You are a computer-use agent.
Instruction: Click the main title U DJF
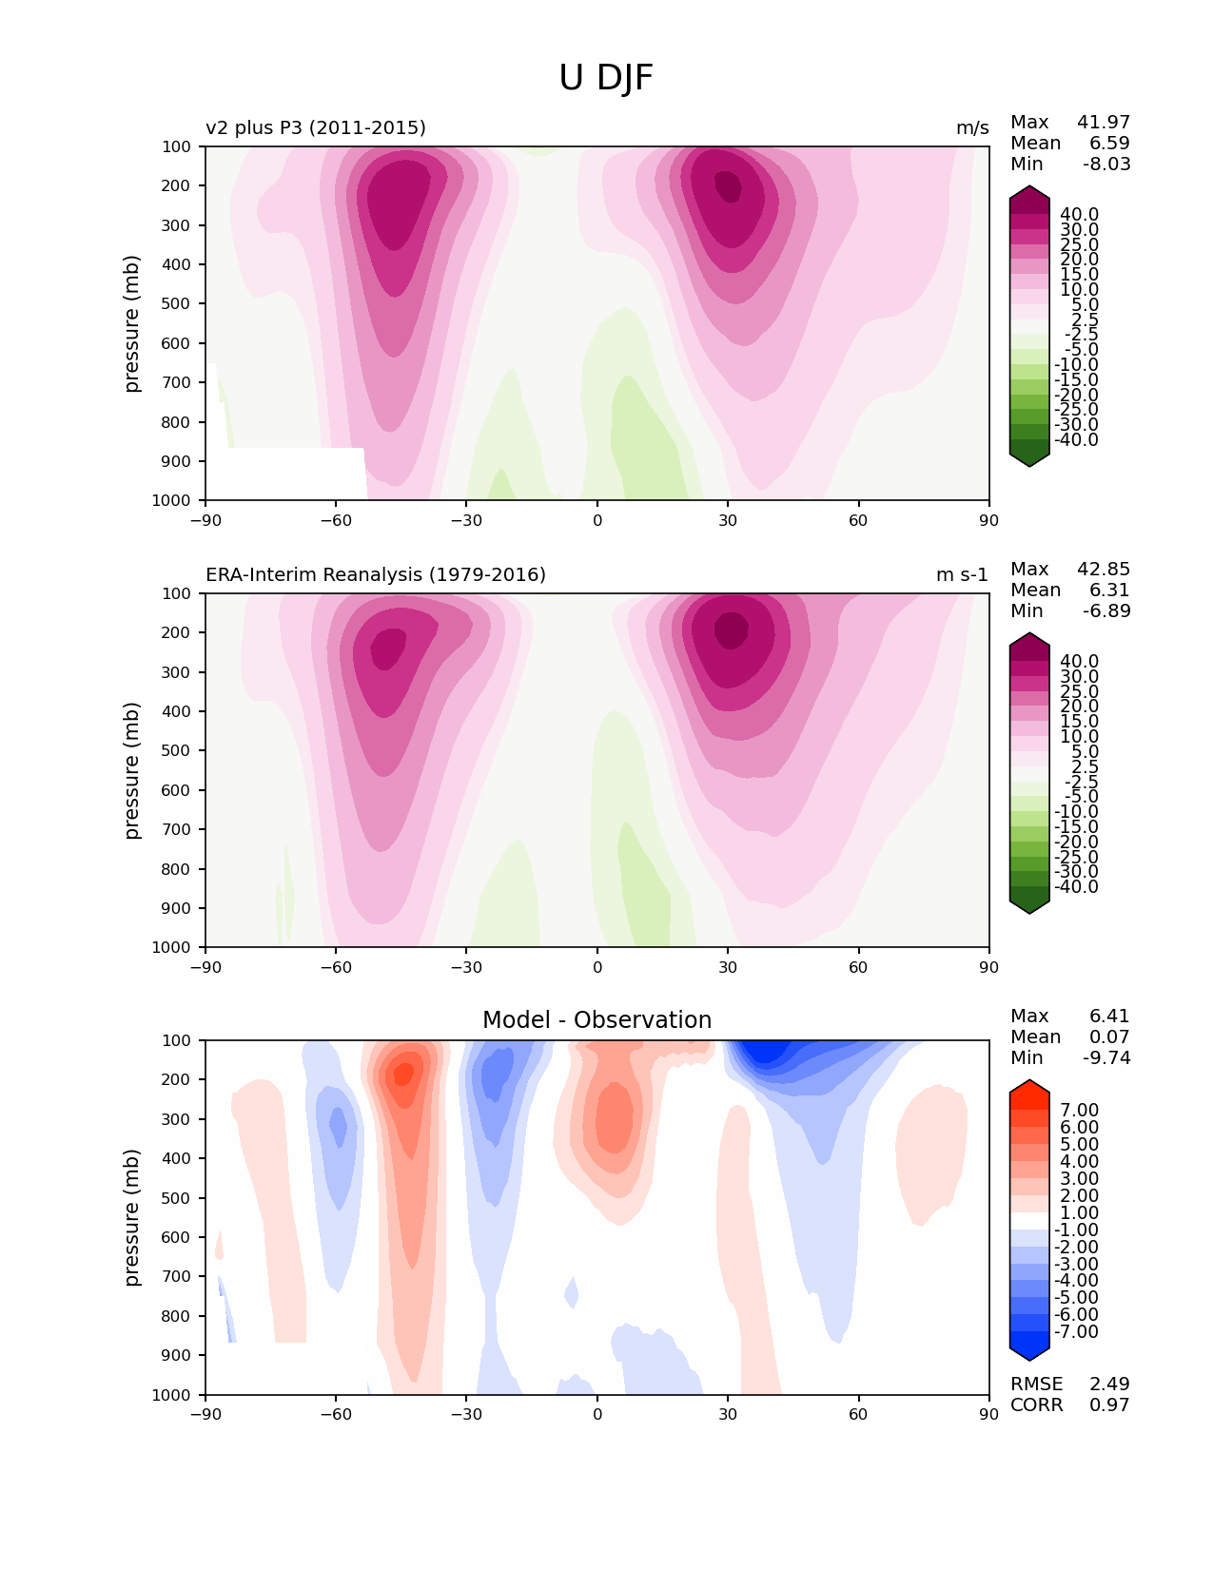coord(606,78)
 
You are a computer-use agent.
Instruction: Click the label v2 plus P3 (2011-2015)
coord(316,128)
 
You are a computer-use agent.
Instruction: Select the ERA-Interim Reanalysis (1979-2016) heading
coord(376,575)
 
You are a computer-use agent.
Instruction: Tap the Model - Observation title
coord(597,1020)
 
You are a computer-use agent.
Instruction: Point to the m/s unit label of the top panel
coord(972,128)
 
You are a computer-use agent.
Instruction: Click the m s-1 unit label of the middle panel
coord(962,575)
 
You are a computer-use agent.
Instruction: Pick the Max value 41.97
coord(1104,123)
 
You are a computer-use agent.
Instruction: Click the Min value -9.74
coord(1106,1058)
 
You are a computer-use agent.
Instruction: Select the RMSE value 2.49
coord(1109,1385)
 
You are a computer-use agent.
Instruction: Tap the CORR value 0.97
coord(1109,1405)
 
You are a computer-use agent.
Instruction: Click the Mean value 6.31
coord(1109,591)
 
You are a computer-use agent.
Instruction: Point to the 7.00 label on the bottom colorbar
coord(1079,1111)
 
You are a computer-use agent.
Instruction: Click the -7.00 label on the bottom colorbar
coord(1076,1332)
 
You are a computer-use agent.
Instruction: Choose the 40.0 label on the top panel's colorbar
coord(1079,215)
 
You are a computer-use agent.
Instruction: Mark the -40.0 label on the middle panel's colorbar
coord(1076,887)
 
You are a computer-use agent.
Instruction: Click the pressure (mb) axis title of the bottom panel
coord(132,1217)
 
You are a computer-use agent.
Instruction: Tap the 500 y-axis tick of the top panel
coord(177,304)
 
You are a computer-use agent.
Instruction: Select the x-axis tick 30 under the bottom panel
coord(728,1415)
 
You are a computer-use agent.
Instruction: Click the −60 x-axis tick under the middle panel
coord(336,968)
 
